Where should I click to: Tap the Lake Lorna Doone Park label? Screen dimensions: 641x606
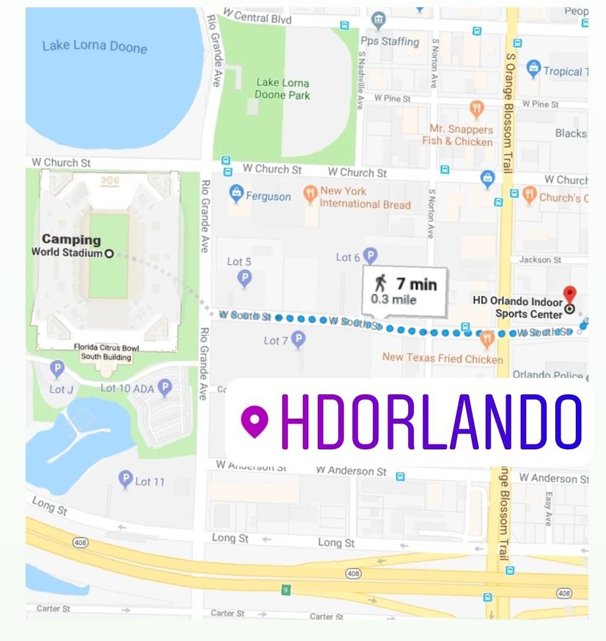click(282, 89)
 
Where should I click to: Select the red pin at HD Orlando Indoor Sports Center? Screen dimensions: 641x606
click(569, 293)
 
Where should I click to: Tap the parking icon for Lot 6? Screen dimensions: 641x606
click(370, 255)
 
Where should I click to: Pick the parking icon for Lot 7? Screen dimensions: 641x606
click(299, 339)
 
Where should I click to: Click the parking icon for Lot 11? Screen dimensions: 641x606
click(125, 479)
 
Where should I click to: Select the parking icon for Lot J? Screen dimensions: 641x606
click(57, 369)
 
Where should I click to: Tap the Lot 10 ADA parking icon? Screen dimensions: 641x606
click(165, 387)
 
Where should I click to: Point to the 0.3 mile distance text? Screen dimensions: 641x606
click(393, 300)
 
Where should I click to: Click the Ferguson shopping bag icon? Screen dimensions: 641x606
click(237, 193)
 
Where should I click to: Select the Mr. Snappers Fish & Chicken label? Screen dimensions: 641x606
click(457, 135)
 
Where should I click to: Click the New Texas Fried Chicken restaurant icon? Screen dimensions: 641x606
click(487, 338)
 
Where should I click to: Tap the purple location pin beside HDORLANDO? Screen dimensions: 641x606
click(255, 422)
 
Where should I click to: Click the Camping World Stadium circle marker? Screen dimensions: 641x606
click(109, 254)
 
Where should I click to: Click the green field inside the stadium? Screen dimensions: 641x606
click(109, 278)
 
